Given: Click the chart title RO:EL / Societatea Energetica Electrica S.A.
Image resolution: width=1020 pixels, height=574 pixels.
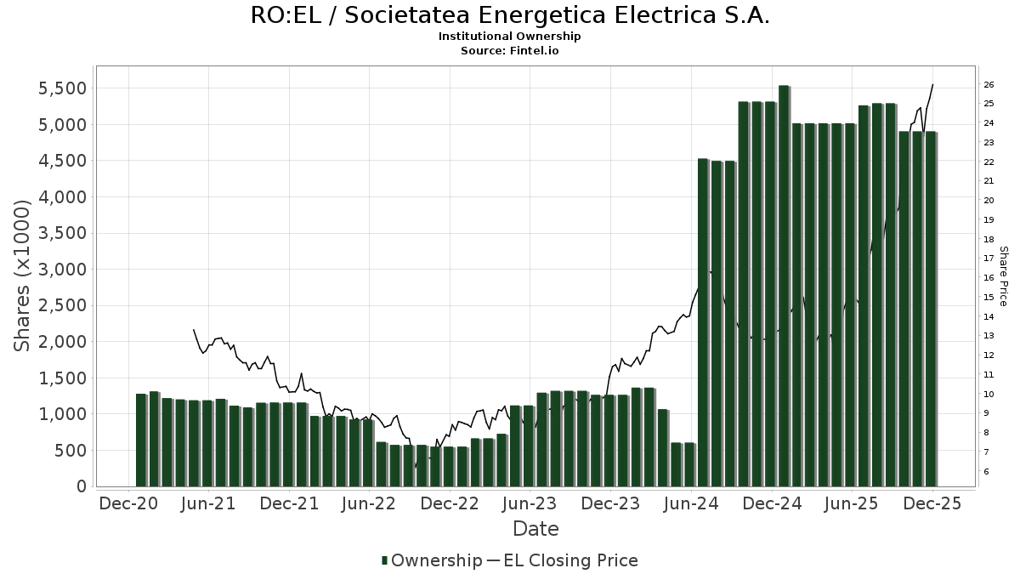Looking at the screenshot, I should click(510, 16).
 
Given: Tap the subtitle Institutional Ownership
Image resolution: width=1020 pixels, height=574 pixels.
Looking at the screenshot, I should click(510, 37).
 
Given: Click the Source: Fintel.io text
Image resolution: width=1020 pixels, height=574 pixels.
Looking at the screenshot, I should click(510, 50).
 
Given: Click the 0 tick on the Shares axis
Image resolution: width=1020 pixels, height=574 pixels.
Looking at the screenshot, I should click(81, 486).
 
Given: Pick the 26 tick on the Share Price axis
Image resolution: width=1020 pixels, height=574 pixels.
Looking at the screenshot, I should click(989, 84).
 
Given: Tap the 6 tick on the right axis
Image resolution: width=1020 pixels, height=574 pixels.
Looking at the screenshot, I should click(986, 471).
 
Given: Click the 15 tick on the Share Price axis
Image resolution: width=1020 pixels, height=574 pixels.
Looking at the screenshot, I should click(989, 297).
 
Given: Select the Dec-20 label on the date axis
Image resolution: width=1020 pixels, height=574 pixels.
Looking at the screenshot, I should click(128, 503).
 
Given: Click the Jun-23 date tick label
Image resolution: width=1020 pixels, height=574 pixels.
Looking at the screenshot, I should click(530, 503).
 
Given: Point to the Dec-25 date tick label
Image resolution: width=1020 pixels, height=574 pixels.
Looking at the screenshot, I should click(932, 503).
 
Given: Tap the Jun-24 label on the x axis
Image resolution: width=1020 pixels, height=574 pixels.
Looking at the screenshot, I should click(692, 503).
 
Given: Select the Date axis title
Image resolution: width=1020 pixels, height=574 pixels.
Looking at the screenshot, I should click(535, 529).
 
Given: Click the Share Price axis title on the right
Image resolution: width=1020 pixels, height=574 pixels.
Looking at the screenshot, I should click(1003, 276).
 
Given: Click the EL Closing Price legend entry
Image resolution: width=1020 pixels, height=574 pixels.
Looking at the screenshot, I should click(570, 560).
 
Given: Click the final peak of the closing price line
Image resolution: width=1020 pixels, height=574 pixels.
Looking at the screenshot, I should click(932, 84).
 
